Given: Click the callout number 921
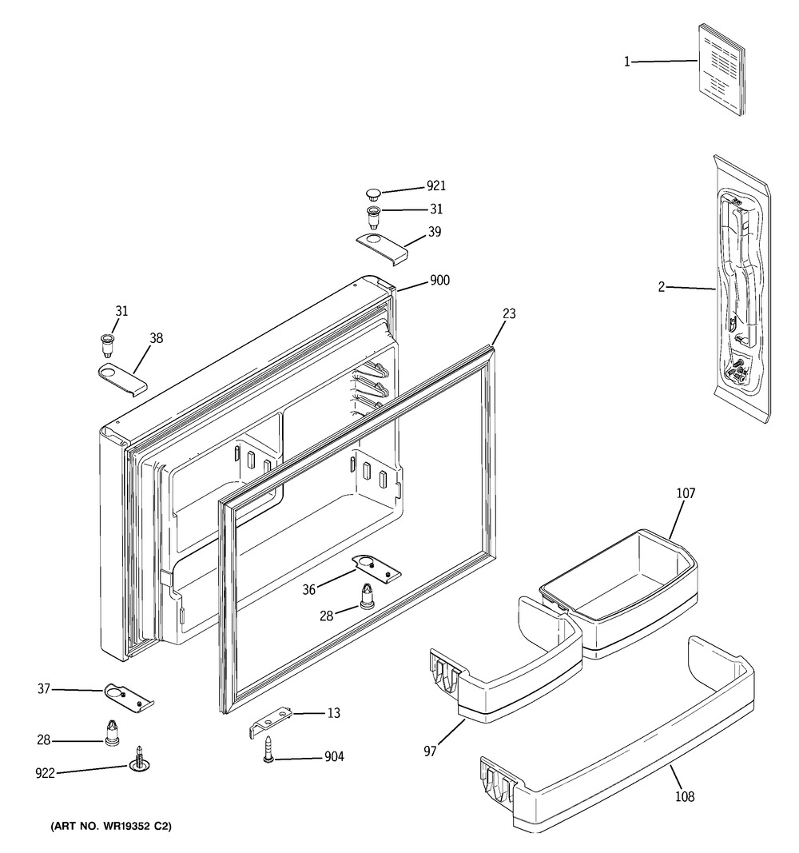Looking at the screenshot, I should point(435,186).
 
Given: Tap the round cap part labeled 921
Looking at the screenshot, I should point(372,193).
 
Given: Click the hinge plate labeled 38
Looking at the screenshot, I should point(122,377).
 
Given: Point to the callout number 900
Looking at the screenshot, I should point(439,281).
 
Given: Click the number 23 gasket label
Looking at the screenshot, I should point(509,314).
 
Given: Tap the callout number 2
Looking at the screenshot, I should point(662,287).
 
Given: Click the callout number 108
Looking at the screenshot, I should point(685,796).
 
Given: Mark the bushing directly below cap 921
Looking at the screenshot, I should point(372,215).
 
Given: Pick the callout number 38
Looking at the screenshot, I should point(156,338).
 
